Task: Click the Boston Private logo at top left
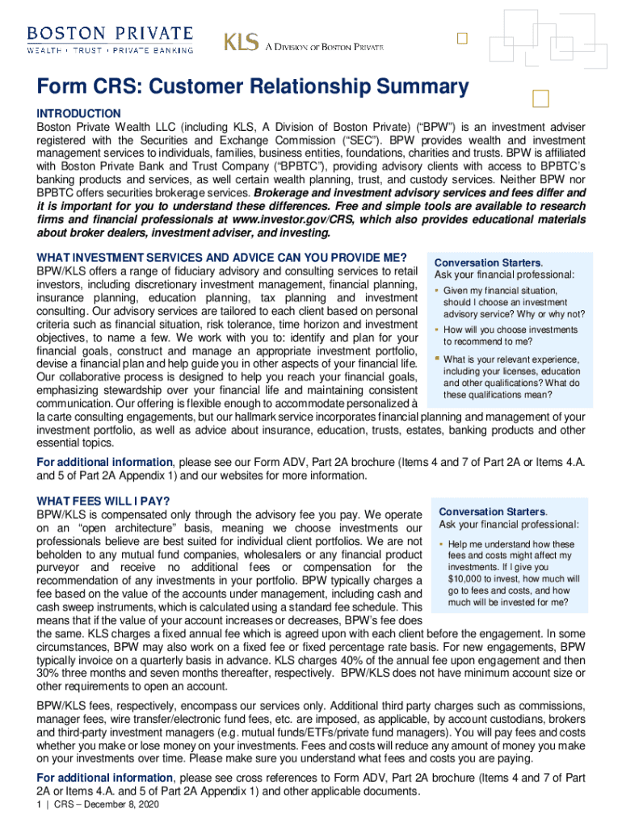[111, 39]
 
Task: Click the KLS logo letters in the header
[241, 43]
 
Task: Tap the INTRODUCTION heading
[78, 114]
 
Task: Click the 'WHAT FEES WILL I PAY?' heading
[103, 501]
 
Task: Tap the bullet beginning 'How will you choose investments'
[511, 335]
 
